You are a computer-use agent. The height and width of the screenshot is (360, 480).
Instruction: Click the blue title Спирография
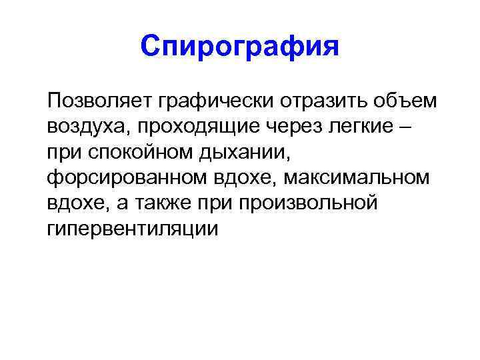(x=240, y=47)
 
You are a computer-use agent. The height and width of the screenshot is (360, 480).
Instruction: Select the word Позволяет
(x=100, y=101)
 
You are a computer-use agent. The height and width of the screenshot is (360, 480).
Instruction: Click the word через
(x=287, y=127)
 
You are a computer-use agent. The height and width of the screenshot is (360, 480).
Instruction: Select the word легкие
(x=359, y=127)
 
